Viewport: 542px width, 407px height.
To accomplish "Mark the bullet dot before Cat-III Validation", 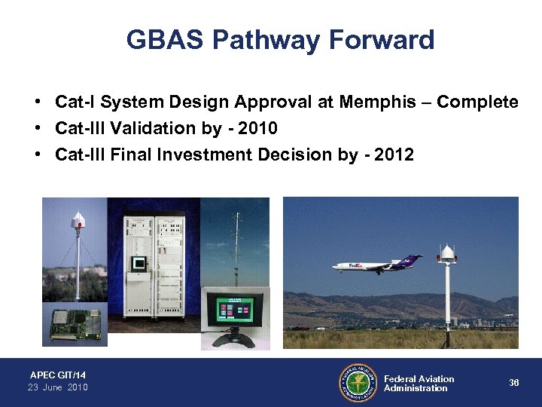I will pyautogui.click(x=37, y=129).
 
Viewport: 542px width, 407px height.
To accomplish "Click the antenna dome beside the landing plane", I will pyautogui.click(x=447, y=252).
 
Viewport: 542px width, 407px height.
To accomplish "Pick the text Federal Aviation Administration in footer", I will pyautogui.click(x=419, y=384).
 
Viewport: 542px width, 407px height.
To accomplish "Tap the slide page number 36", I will pyautogui.click(x=514, y=383).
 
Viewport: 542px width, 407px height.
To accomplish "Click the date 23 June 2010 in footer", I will pyautogui.click(x=58, y=387).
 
